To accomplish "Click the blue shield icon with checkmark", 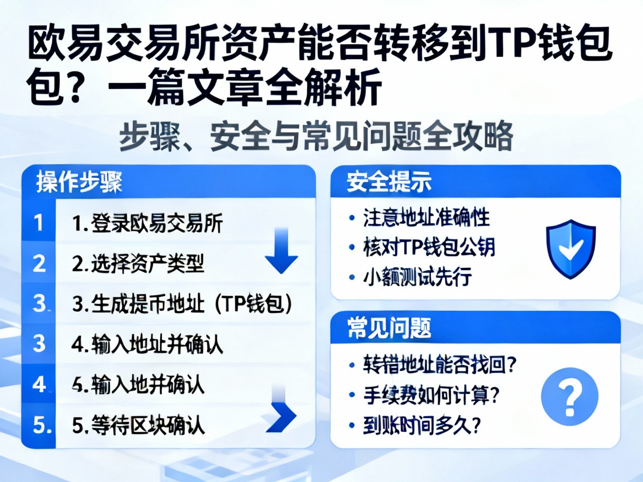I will click(570, 249).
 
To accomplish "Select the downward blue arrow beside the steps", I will click(281, 254).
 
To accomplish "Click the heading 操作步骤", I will click(79, 182).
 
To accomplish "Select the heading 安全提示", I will click(388, 182).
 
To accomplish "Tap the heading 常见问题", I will click(388, 328).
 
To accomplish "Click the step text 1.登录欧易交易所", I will click(148, 224).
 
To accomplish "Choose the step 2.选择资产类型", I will click(138, 264).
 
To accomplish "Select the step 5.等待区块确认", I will click(138, 426).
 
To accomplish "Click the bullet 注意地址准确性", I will click(426, 218).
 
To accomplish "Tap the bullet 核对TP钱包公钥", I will click(429, 247).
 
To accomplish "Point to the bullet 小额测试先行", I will click(417, 277).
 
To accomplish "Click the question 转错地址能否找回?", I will click(439, 365).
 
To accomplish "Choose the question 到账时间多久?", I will click(422, 426).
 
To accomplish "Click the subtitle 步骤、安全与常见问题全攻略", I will click(316, 137).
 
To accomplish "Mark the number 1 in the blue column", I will click(38, 223).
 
